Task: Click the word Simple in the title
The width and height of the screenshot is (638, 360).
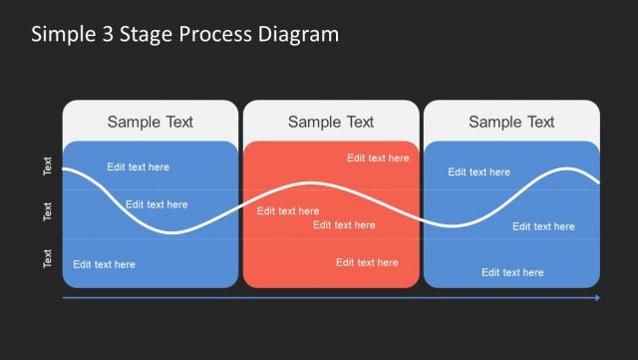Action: (62, 35)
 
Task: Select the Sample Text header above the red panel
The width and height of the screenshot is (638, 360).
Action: (331, 122)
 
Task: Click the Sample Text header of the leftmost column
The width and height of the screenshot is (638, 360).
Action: (151, 122)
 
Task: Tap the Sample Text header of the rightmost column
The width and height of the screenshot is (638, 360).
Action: (511, 122)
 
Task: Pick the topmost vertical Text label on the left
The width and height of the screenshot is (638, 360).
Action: (48, 167)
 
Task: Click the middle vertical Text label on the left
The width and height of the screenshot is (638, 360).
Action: (48, 211)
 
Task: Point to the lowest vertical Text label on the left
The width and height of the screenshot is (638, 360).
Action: (48, 259)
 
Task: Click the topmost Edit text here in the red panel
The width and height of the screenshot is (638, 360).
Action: (378, 158)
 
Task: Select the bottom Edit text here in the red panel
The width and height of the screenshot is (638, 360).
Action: (367, 262)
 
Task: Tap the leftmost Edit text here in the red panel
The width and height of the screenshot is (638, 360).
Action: (288, 210)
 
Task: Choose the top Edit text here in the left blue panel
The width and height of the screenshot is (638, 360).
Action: (139, 167)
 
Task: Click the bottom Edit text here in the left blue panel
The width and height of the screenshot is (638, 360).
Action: (104, 264)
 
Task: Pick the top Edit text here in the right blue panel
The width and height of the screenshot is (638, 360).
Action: (478, 172)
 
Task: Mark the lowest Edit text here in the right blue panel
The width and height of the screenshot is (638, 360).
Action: (512, 272)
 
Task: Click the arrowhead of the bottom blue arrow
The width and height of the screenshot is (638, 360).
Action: (596, 297)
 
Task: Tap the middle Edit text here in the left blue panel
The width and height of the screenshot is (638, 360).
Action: (157, 204)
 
